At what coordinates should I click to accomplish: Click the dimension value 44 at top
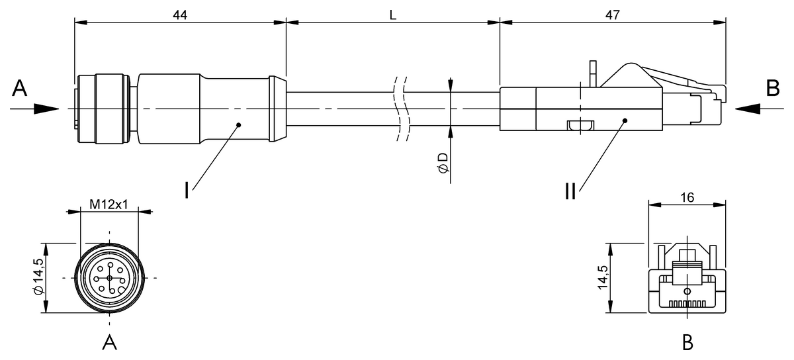pyautogui.click(x=179, y=15)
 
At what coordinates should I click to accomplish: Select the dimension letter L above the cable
pyautogui.click(x=392, y=15)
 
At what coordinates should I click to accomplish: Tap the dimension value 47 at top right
pyautogui.click(x=612, y=15)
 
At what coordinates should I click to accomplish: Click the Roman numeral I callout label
pyautogui.click(x=188, y=190)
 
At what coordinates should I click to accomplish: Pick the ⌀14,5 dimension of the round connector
pyautogui.click(x=38, y=278)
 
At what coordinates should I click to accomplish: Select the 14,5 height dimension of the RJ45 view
pyautogui.click(x=601, y=278)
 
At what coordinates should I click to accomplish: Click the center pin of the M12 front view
pyautogui.click(x=110, y=278)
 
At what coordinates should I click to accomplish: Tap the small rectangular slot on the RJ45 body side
pyautogui.click(x=580, y=124)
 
